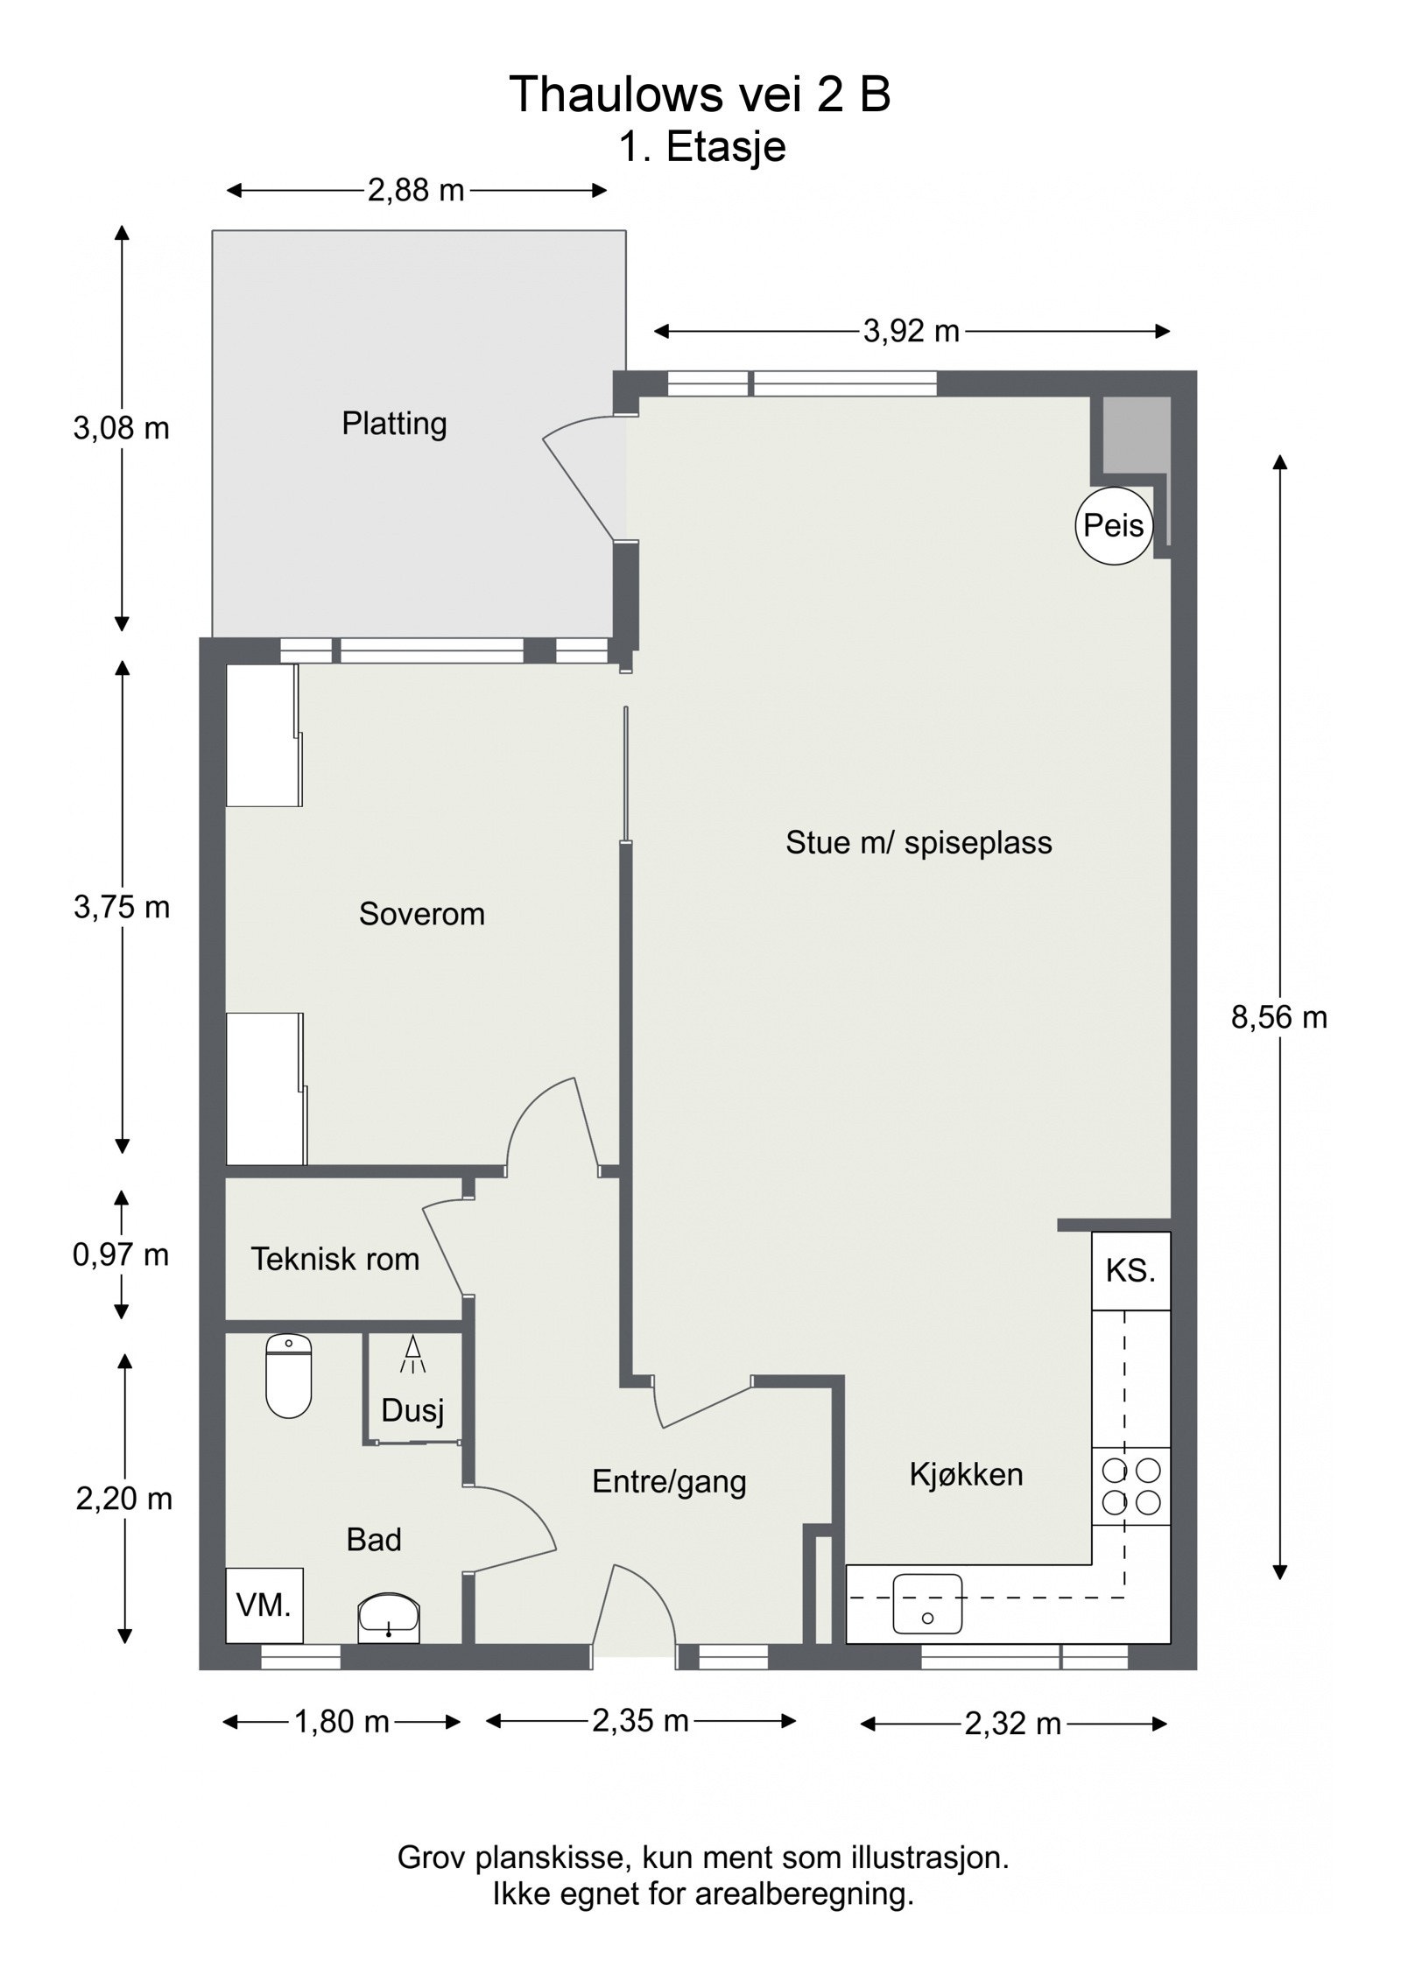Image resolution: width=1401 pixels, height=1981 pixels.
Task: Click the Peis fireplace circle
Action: pyautogui.click(x=1113, y=525)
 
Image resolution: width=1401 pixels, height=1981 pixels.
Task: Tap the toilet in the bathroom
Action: pyautogui.click(x=288, y=1375)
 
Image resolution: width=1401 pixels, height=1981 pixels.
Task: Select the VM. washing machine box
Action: pyautogui.click(x=264, y=1605)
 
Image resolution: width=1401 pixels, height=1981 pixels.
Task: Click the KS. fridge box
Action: pyautogui.click(x=1130, y=1271)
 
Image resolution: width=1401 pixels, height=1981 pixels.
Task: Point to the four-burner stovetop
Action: pyautogui.click(x=1130, y=1486)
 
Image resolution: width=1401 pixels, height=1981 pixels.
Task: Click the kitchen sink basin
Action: pyautogui.click(x=926, y=1604)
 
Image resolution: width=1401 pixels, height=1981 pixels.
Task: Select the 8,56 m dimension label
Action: pyautogui.click(x=1279, y=1017)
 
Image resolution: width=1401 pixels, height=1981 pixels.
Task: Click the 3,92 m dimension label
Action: pyautogui.click(x=911, y=331)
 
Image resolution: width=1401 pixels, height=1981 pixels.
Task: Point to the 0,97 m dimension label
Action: pyautogui.click(x=121, y=1254)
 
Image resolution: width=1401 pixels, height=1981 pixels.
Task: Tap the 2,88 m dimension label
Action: pyautogui.click(x=415, y=190)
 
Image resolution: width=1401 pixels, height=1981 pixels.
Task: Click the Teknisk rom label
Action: pyautogui.click(x=335, y=1259)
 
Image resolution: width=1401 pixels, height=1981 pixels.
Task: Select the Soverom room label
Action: pyautogui.click(x=421, y=914)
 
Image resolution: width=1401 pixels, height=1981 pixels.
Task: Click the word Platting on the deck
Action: pyautogui.click(x=394, y=424)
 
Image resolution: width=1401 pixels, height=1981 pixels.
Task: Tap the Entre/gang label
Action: pyautogui.click(x=669, y=1482)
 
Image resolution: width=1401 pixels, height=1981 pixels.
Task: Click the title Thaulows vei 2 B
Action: pyautogui.click(x=700, y=94)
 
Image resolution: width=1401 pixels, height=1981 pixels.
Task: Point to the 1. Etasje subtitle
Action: pyautogui.click(x=702, y=146)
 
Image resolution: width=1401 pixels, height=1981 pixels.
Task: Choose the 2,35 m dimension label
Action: pyautogui.click(x=640, y=1720)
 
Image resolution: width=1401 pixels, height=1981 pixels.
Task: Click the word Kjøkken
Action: pyautogui.click(x=966, y=1474)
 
